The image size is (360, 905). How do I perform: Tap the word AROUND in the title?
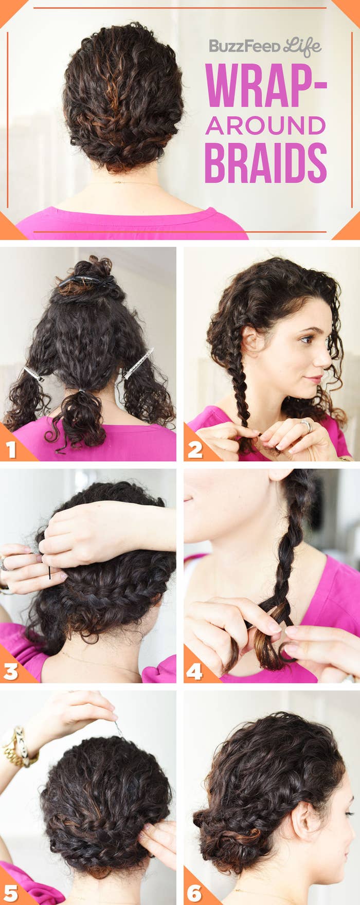[265, 125]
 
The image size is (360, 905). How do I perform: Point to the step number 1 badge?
[11, 449]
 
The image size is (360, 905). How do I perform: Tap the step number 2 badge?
[195, 449]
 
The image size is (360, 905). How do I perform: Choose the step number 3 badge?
[11, 671]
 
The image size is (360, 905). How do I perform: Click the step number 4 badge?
[195, 671]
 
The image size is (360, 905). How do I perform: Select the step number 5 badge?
[11, 893]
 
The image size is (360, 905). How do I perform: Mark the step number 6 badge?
[195, 893]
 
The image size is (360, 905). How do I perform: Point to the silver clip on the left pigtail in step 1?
[33, 374]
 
